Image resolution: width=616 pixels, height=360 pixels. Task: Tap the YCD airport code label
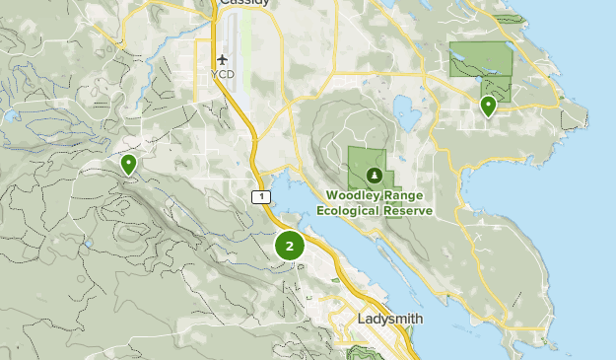tap(223, 75)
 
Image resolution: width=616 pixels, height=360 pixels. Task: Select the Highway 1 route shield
tap(259, 197)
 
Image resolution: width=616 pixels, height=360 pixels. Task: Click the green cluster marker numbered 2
tap(290, 247)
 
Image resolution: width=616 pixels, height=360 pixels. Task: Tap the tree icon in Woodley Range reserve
tap(374, 176)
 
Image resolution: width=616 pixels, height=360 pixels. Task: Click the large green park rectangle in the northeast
tap(481, 59)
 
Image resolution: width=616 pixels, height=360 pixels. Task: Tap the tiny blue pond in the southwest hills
tap(88, 243)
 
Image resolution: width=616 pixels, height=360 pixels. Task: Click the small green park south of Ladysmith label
tap(365, 351)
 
